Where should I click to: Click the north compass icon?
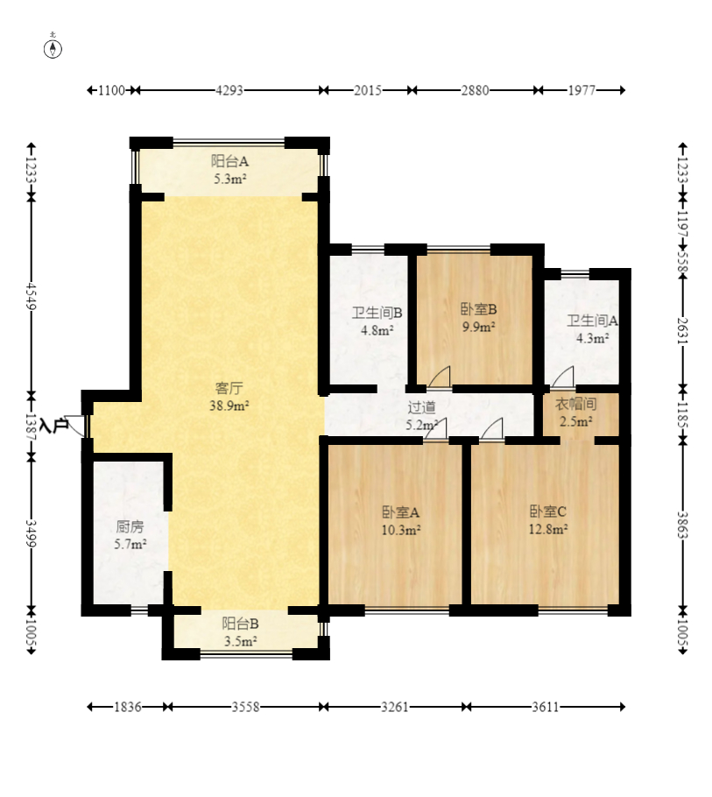[53, 48]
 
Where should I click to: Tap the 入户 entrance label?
[53, 426]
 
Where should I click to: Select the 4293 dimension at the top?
[229, 90]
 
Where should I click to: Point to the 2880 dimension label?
[475, 90]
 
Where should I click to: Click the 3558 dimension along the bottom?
[245, 707]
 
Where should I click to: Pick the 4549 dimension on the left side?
[32, 296]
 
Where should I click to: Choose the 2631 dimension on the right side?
[682, 330]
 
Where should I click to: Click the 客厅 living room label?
[229, 388]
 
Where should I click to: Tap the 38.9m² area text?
[229, 406]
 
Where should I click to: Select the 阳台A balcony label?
[229, 161]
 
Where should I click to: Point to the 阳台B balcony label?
[240, 624]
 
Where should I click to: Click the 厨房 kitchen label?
[130, 526]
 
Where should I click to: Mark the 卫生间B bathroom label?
[377, 313]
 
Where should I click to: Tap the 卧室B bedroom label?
[479, 309]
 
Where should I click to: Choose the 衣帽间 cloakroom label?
[575, 404]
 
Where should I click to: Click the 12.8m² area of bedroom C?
[548, 529]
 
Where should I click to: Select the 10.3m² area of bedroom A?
[401, 530]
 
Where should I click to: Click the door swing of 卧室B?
[440, 377]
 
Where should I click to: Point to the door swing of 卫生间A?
[564, 377]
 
